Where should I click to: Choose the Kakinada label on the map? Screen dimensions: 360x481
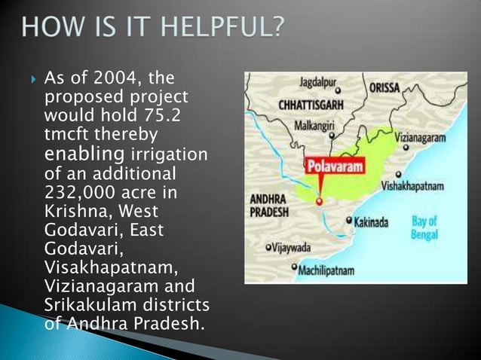(372, 222)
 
